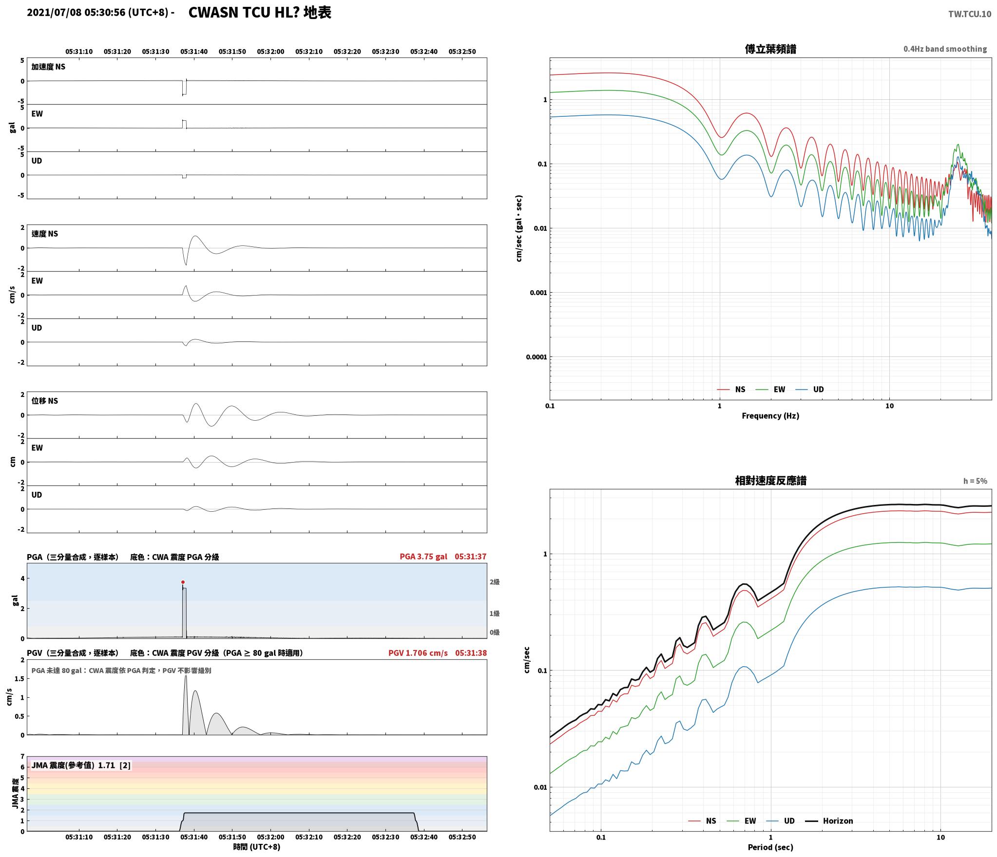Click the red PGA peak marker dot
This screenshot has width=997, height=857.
[183, 582]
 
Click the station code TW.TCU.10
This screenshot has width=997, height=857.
[969, 14]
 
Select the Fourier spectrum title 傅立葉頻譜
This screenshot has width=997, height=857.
[770, 49]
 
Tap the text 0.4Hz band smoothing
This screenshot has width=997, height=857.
[945, 49]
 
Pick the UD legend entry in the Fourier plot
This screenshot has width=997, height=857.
[809, 389]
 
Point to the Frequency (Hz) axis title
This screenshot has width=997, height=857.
[770, 415]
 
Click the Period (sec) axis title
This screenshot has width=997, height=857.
[770, 847]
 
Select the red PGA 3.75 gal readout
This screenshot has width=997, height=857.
[423, 556]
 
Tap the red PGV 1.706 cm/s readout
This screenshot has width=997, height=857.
[418, 652]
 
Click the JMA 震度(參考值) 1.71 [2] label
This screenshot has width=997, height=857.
[81, 765]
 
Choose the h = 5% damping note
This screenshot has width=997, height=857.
[975, 481]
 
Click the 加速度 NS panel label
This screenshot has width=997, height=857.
[48, 67]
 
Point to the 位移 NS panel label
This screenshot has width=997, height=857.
[45, 401]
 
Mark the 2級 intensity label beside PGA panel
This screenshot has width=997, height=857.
[495, 581]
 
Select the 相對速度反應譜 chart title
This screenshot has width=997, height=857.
[770, 481]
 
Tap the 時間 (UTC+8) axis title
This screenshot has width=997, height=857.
[257, 847]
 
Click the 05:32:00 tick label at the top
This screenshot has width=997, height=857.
[270, 51]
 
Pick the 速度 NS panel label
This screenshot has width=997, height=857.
[45, 234]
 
